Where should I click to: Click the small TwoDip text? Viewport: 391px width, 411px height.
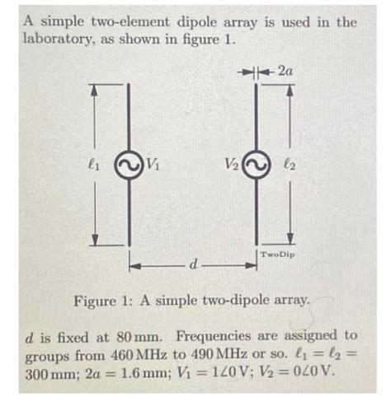(x=278, y=255)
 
